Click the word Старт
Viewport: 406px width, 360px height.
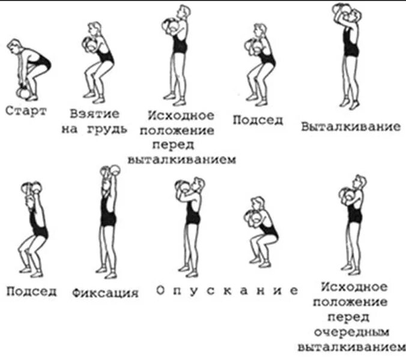(x=26, y=112)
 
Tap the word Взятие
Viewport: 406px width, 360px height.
(x=94, y=113)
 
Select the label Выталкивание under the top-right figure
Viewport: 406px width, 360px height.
(x=351, y=127)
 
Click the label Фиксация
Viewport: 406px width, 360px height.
(x=105, y=293)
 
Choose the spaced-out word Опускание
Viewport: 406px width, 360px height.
(x=227, y=290)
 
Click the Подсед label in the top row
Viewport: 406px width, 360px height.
(x=258, y=119)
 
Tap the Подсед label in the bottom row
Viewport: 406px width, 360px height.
(x=32, y=292)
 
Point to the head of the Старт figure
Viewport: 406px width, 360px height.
(x=14, y=46)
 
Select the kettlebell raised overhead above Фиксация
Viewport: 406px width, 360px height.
(x=108, y=171)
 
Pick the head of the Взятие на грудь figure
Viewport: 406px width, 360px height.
(x=95, y=29)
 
